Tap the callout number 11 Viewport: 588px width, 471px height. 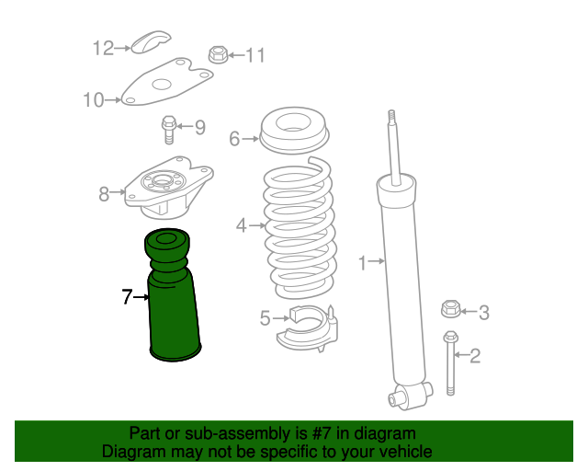tap(254, 56)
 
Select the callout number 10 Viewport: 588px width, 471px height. tap(93, 100)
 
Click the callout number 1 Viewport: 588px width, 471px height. tap(362, 264)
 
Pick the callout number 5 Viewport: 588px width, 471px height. tap(265, 319)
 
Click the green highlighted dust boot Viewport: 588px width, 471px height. tap(172, 304)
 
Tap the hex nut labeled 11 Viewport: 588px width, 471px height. tap(219, 54)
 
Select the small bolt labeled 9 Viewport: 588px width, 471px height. tap(168, 129)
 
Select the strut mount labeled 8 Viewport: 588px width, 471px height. tap(167, 188)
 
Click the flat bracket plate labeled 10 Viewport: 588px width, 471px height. tap(165, 84)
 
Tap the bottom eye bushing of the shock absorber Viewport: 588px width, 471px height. tap(399, 397)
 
